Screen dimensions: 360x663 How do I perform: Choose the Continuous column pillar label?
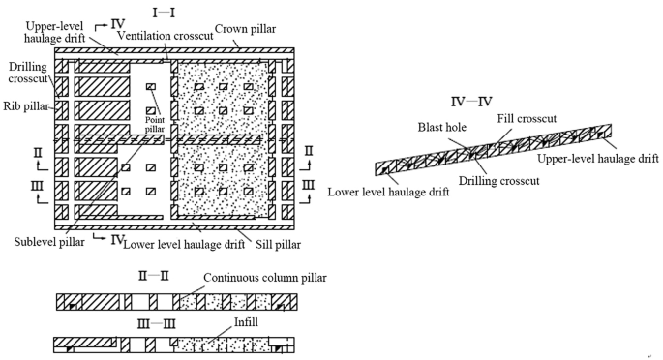coord(264,278)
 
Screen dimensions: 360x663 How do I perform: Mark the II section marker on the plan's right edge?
coord(308,152)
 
